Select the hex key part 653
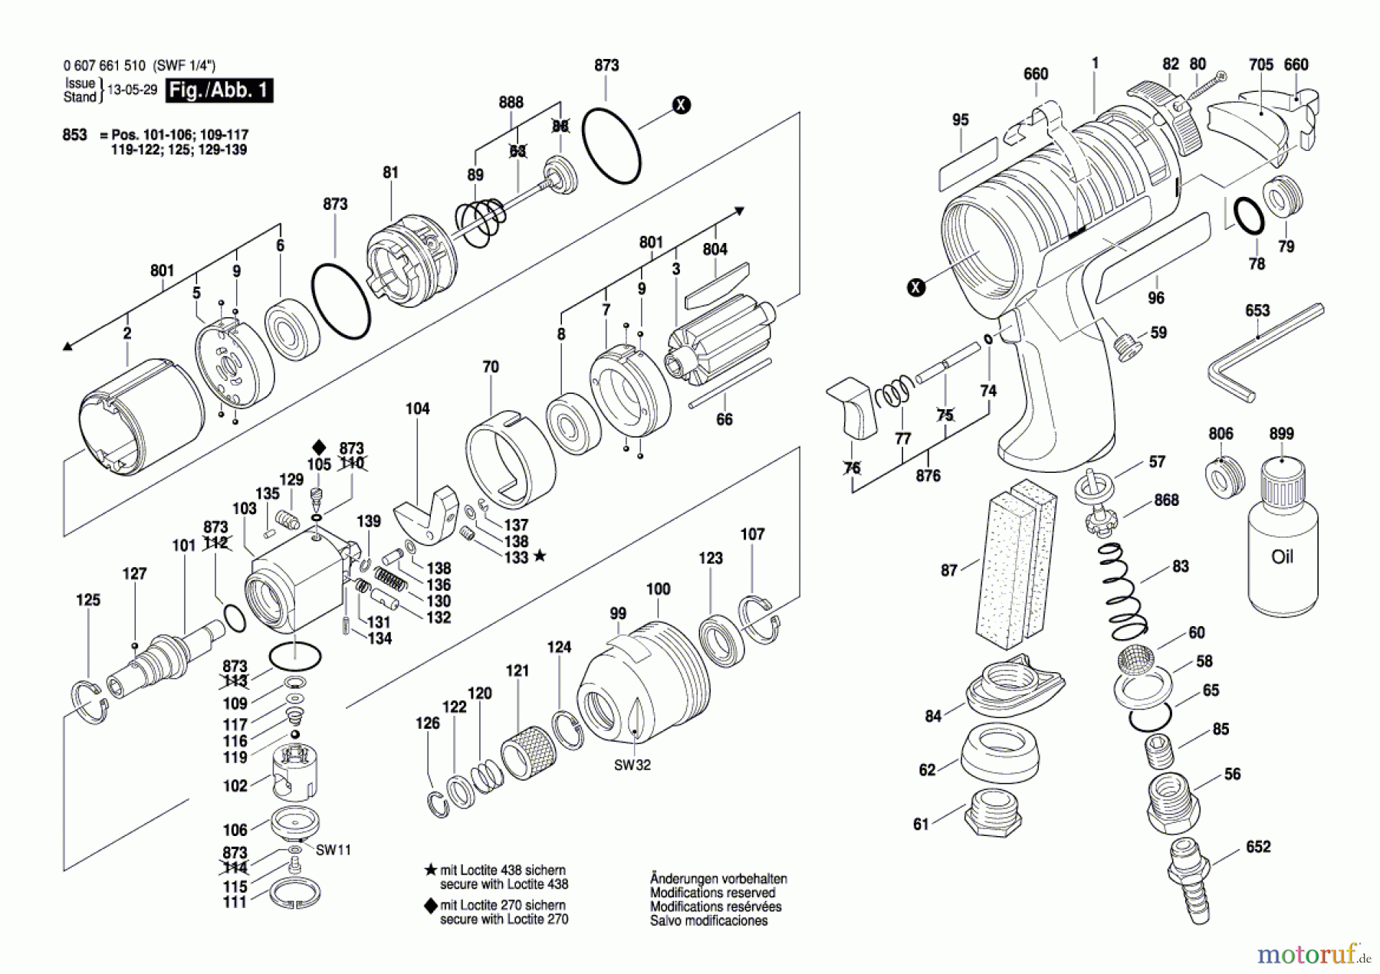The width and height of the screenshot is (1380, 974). click(x=1265, y=353)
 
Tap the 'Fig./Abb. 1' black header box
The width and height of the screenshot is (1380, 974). click(x=220, y=90)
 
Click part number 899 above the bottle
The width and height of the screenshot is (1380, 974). click(x=1281, y=434)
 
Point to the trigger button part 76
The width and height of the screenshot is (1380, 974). click(x=852, y=407)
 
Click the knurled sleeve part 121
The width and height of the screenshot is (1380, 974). click(x=528, y=752)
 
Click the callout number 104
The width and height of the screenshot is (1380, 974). click(x=418, y=408)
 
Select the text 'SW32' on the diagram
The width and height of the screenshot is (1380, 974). click(x=632, y=765)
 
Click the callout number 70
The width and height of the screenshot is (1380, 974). click(x=491, y=367)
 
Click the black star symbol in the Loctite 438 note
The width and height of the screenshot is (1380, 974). click(x=431, y=871)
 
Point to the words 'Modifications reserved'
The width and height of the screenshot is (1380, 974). click(x=712, y=893)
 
